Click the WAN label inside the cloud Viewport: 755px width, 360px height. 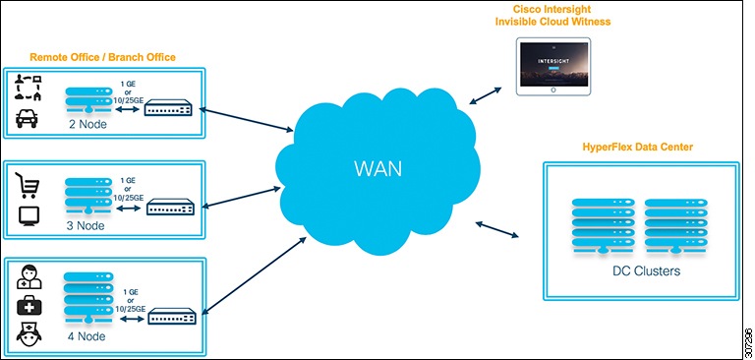377,169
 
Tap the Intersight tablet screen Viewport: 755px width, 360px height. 553,64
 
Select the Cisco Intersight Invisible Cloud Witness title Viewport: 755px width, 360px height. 552,16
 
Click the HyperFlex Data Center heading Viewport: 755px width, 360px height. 637,147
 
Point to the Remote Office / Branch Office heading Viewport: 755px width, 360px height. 102,57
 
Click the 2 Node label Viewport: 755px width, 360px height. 87,125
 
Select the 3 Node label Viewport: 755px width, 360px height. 86,225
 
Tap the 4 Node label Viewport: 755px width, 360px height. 87,335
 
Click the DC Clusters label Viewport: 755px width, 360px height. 646,271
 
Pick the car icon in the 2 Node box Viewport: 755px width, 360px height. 27,118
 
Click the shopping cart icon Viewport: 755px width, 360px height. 28,185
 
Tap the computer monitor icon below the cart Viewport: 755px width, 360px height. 28,216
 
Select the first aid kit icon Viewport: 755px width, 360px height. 29,306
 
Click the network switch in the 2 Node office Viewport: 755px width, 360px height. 168,107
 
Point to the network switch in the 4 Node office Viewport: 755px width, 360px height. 172,316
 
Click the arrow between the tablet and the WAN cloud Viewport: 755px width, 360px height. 486,95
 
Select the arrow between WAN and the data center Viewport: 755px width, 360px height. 496,229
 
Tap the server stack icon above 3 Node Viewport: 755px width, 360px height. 87,196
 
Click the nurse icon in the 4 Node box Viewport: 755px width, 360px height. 29,335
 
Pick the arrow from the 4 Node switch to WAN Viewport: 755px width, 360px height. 256,275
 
